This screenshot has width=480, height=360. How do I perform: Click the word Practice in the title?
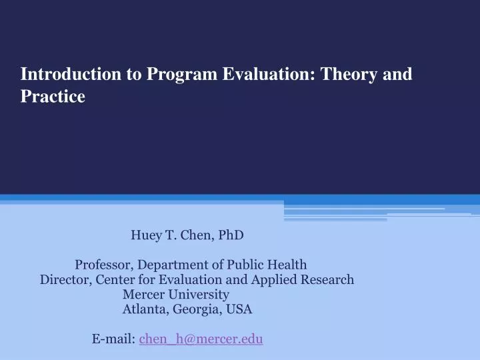click(x=53, y=97)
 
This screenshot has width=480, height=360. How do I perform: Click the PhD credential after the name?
click(x=230, y=235)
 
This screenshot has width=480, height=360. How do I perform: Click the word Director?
click(x=64, y=280)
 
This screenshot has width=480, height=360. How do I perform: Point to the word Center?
click(x=114, y=280)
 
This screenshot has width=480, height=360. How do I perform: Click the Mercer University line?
click(x=176, y=295)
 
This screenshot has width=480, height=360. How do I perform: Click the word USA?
click(x=239, y=309)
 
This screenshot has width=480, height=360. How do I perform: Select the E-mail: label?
click(x=114, y=339)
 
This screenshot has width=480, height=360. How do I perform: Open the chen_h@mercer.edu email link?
click(x=201, y=339)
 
